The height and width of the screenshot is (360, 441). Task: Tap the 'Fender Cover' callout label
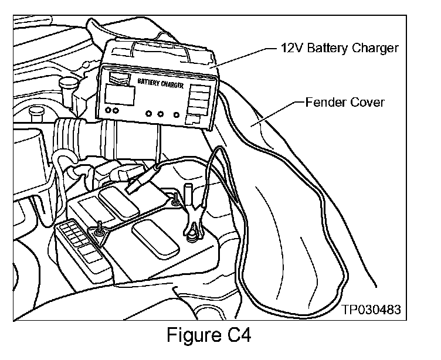click(345, 102)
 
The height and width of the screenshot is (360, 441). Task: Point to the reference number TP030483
click(373, 309)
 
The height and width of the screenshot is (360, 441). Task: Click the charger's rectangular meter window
click(120, 94)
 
